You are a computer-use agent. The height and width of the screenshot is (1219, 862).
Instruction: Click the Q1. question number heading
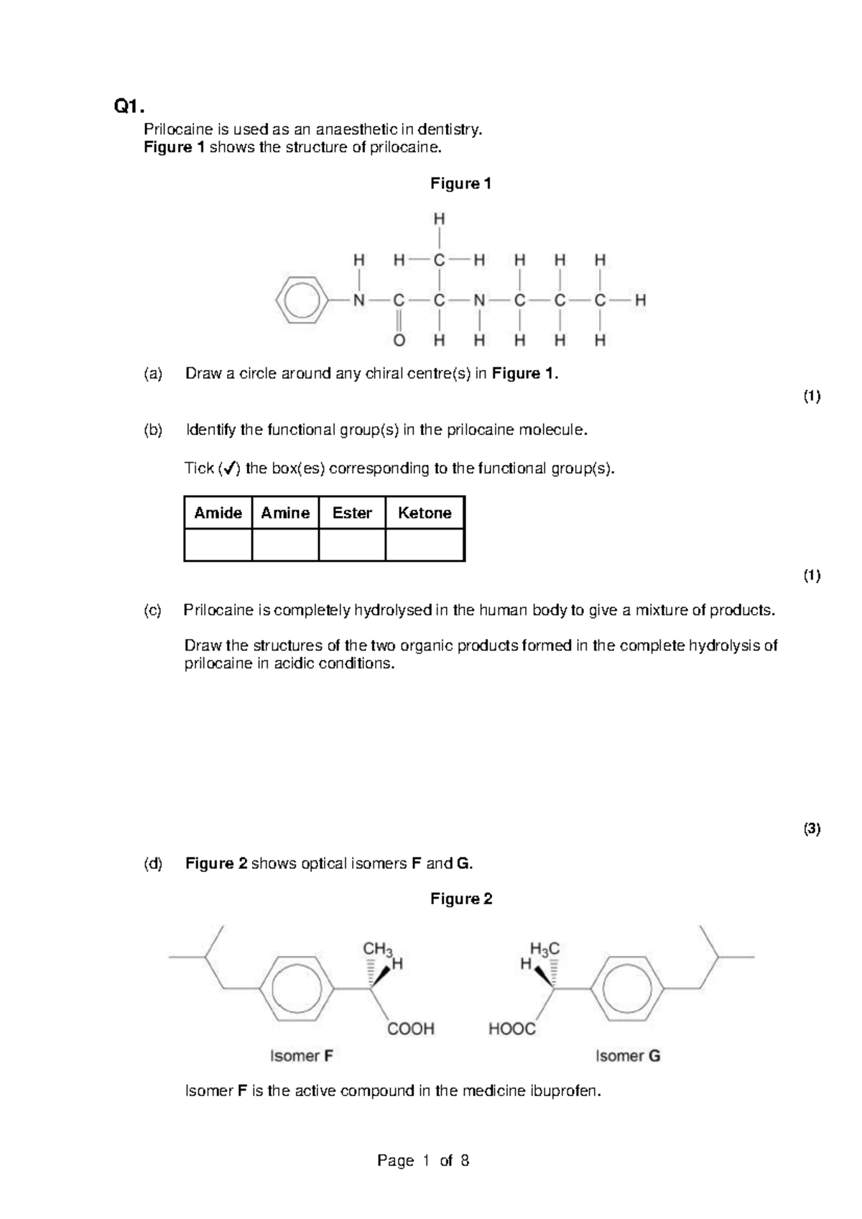(x=129, y=107)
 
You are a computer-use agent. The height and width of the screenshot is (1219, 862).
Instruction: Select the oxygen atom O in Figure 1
(x=399, y=340)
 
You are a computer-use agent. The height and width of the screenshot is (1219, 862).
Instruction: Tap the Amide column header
(x=218, y=512)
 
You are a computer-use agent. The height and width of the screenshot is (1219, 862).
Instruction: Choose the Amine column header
(x=285, y=512)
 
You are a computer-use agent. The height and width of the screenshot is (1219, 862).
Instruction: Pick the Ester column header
(x=352, y=512)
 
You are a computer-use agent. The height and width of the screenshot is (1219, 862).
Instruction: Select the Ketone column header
(x=425, y=512)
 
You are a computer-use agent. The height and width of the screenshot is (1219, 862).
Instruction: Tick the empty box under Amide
(x=218, y=545)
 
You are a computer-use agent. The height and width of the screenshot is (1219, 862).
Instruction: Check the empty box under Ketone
(x=425, y=545)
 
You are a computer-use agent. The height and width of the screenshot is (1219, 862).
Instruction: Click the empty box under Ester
(x=352, y=545)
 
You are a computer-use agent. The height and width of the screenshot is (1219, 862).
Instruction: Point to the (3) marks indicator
(x=812, y=829)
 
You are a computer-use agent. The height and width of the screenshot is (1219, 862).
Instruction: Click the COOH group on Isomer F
(x=411, y=1029)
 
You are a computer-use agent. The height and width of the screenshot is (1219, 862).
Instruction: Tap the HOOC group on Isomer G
(x=512, y=1029)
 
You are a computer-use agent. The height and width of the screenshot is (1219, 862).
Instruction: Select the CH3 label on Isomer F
(x=377, y=949)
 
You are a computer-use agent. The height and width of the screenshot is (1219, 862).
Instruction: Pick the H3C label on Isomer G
(x=544, y=949)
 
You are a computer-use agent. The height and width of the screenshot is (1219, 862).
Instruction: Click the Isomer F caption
(x=301, y=1056)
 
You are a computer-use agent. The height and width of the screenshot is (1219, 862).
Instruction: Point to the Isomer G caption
(x=628, y=1056)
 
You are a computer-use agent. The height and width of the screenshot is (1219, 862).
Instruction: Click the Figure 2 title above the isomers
(x=461, y=898)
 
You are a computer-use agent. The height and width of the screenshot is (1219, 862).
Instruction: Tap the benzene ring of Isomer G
(x=626, y=988)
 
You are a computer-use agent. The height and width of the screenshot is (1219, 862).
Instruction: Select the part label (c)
(x=153, y=610)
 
